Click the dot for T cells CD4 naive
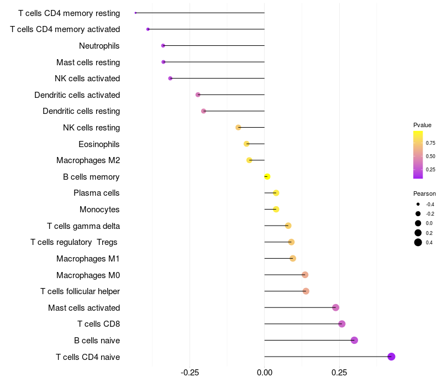[391, 357]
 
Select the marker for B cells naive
[354, 340]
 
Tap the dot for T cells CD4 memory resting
[136, 13]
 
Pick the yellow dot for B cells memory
[267, 176]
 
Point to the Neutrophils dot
[163, 45]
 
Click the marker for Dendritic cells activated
[198, 95]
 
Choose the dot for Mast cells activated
[335, 307]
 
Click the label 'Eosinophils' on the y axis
[99, 144]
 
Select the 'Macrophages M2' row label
[88, 160]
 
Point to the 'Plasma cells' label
[97, 193]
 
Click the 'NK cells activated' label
[87, 79]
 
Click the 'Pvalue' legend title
[422, 125]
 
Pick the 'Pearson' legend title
[424, 193]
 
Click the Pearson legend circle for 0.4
[418, 242]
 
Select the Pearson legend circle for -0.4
[418, 204]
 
